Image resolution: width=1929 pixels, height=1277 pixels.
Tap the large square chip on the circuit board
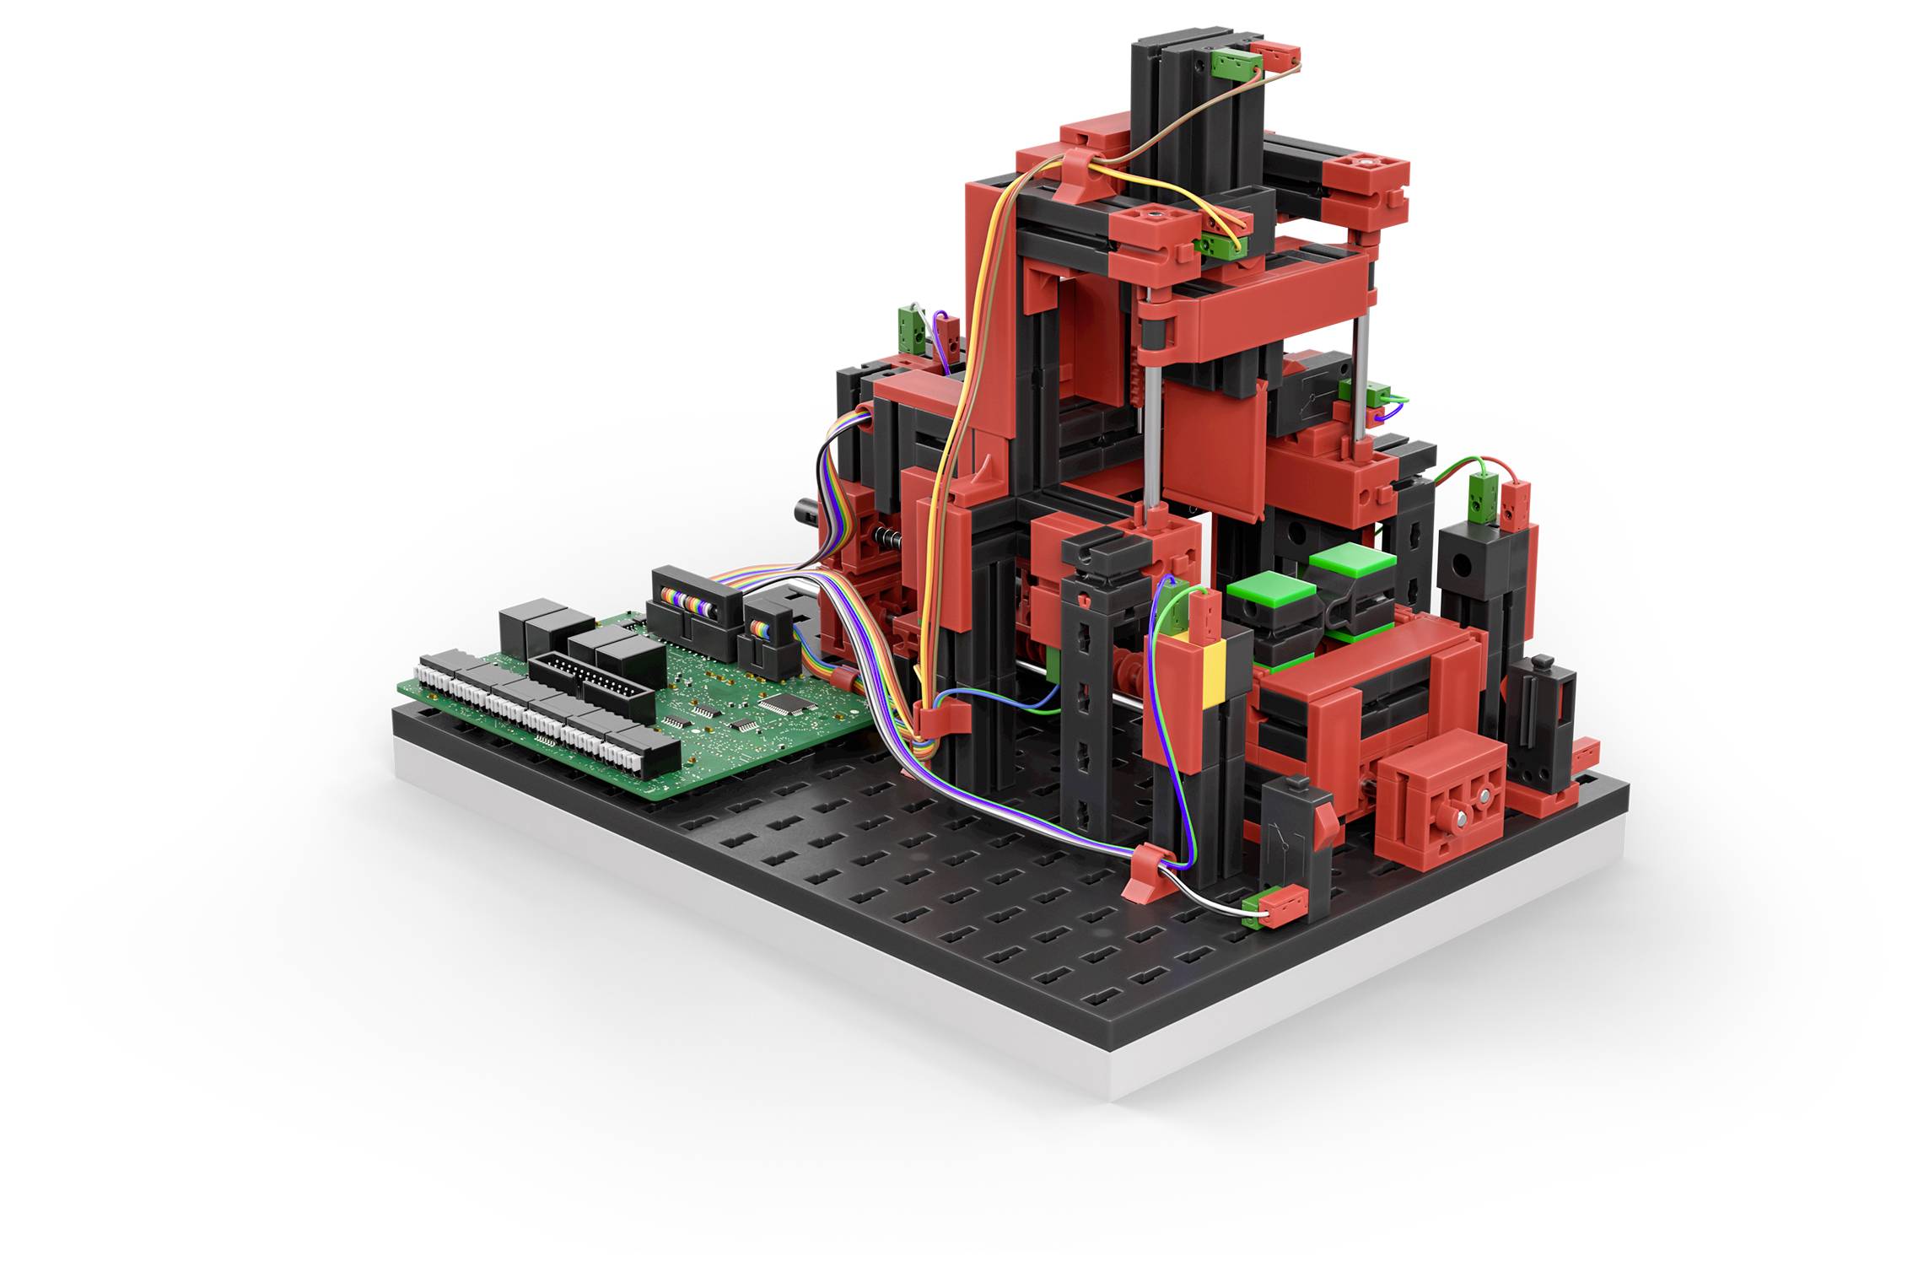tap(775, 703)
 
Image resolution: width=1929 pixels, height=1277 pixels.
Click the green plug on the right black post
tap(1481, 498)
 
